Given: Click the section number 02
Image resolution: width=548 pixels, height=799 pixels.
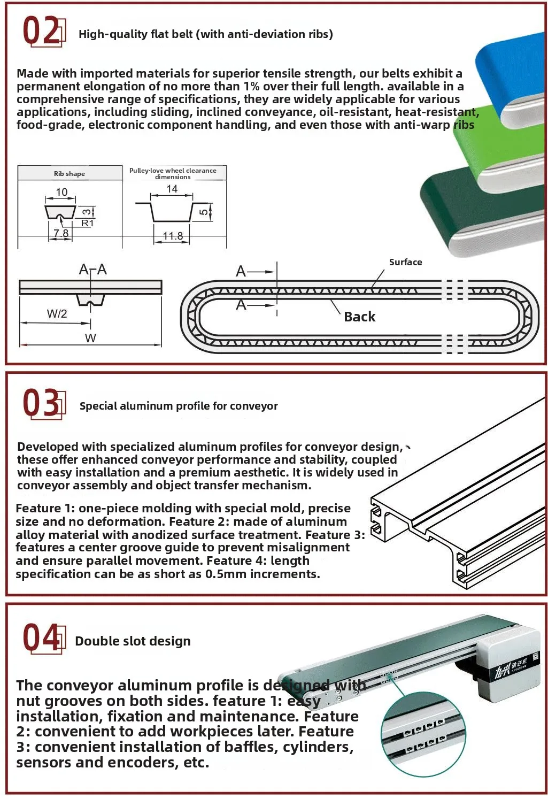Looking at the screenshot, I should coord(41,32).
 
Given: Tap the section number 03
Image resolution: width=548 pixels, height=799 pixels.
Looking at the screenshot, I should coord(41,403).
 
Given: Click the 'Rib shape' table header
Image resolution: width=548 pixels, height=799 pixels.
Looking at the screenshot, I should coord(70,174).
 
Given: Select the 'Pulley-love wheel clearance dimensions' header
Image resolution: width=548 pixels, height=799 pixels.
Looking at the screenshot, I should coord(173,173).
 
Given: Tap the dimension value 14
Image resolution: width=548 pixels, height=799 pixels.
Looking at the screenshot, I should coord(172,189).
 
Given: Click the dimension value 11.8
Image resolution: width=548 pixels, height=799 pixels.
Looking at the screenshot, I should coord(173,236).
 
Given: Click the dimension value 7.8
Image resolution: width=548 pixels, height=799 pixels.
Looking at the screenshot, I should coord(61,233).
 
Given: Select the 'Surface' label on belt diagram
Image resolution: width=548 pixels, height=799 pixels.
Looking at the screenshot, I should coord(405,262).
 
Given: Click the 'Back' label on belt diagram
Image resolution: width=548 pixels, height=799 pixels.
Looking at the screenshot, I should coord(359,317).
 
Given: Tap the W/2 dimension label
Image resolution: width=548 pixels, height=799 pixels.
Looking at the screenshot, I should coord(57,314).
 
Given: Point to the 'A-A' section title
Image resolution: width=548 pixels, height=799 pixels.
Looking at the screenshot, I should coord(92,270).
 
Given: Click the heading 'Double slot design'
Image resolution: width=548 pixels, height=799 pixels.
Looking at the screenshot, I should coord(133,641).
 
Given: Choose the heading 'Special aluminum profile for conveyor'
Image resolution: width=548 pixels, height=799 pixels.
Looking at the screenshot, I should coord(179,406).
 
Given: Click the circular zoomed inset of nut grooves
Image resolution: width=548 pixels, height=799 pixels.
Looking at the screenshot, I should coord(422,733).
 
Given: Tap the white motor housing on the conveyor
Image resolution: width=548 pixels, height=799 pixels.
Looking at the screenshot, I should coord(508,663).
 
